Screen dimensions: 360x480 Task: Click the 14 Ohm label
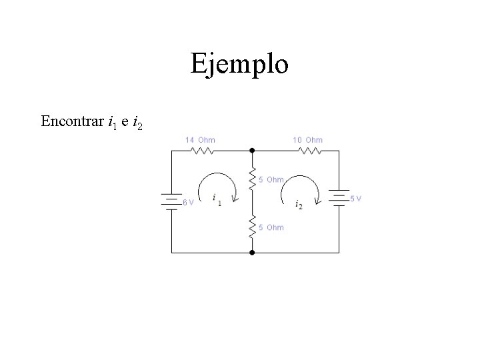(200, 140)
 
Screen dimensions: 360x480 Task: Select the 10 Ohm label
(307, 140)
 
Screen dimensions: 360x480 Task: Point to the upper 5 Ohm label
(271, 180)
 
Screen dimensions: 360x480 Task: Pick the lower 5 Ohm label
(271, 228)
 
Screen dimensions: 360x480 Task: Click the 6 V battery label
(189, 203)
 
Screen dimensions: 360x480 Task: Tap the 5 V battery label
(356, 199)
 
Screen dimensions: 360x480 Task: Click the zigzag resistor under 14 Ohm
(202, 151)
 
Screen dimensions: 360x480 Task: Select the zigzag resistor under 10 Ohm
(309, 151)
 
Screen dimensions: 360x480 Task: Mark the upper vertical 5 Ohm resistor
(252, 179)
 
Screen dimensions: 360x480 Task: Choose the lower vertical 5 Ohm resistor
(252, 227)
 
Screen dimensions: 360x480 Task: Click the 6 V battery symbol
(172, 200)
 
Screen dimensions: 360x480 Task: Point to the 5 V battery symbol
(339, 197)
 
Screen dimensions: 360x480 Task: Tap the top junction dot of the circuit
(252, 151)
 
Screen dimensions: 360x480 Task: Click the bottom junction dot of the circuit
(252, 253)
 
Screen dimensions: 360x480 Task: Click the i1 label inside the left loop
(217, 199)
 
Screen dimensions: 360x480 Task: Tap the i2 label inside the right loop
(299, 205)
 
